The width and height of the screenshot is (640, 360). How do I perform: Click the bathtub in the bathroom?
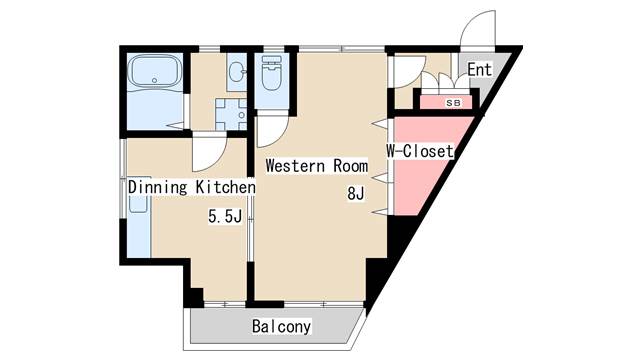click(x=154, y=71)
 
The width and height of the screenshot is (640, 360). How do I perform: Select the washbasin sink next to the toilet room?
click(x=237, y=73)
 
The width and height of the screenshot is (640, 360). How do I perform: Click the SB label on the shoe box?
click(x=453, y=103)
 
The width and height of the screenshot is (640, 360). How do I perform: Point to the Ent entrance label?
click(x=480, y=69)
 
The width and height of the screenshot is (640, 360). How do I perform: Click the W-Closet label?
click(x=420, y=151)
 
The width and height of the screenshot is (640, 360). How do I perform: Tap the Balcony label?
click(x=281, y=327)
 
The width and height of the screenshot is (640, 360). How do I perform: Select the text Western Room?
click(x=317, y=166)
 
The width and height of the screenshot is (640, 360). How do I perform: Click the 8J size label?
click(x=356, y=193)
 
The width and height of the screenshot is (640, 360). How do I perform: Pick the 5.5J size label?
click(x=225, y=216)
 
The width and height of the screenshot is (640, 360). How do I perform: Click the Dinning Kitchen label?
click(x=192, y=187)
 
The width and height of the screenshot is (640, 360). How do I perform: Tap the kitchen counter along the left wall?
click(x=139, y=218)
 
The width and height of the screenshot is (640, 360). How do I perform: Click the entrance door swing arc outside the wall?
click(x=478, y=29)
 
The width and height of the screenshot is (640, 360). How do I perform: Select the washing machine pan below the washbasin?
click(x=231, y=114)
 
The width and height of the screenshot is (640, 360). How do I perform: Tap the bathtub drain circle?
click(x=154, y=80)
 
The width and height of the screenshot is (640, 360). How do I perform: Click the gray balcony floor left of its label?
click(x=220, y=327)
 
